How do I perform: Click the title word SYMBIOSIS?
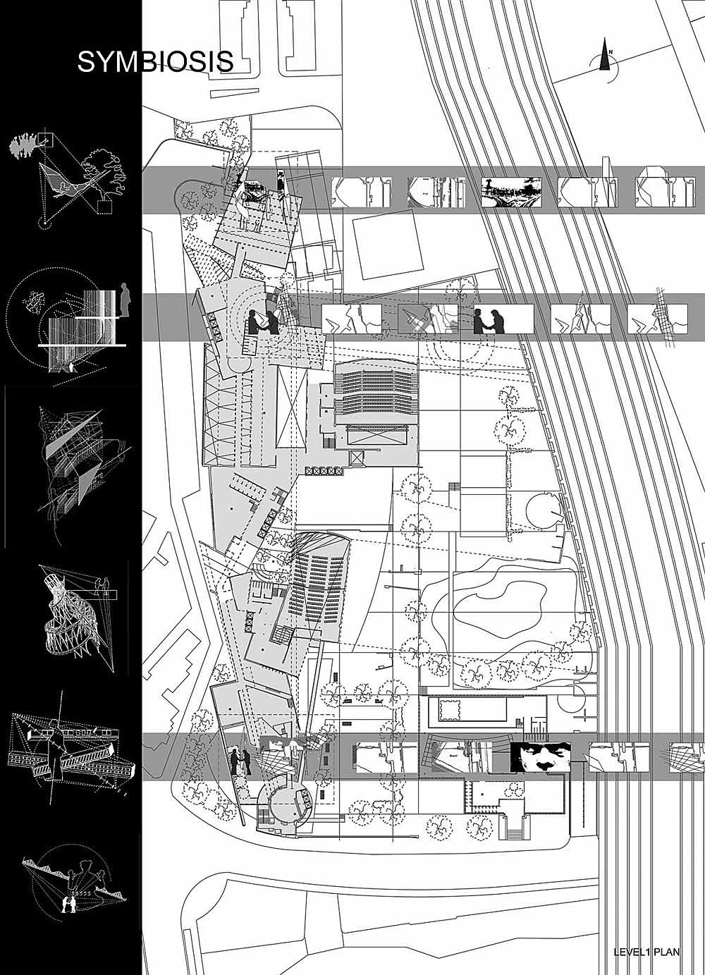click(155, 61)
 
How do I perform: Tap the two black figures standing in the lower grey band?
click(239, 762)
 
